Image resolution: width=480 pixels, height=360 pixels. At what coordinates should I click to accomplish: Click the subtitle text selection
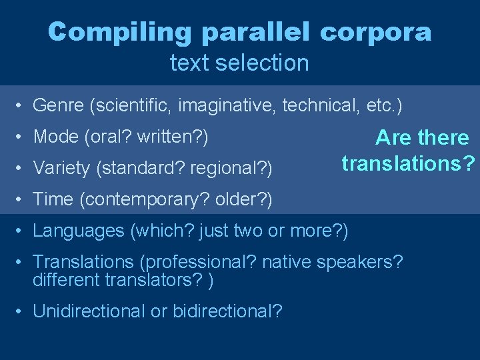tap(239, 63)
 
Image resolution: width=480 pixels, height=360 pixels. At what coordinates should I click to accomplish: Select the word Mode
tap(56, 137)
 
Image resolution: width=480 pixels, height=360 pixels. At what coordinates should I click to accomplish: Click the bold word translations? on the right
tap(409, 163)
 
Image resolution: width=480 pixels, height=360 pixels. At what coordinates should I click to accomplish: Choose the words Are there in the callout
tap(422, 138)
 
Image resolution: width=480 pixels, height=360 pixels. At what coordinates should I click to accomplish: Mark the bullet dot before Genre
tap(22, 106)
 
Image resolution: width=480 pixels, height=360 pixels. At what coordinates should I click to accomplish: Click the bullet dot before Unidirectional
tap(22, 311)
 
